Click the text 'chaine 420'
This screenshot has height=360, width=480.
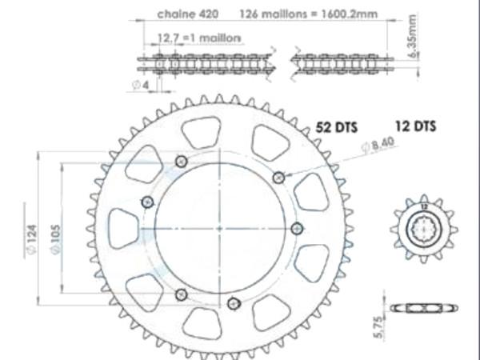185,14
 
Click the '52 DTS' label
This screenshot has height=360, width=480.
336,126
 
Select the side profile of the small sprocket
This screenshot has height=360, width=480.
424,308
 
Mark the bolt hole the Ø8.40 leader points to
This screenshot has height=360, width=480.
278,177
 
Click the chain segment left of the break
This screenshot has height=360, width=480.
208,63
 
